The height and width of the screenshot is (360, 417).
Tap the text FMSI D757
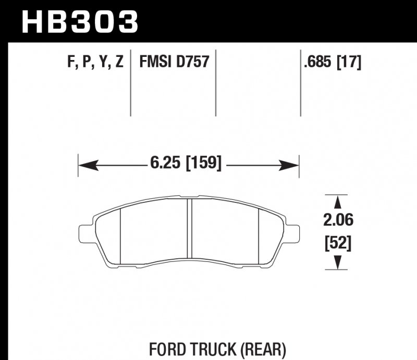click(x=174, y=63)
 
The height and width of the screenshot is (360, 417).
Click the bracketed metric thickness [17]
click(x=348, y=63)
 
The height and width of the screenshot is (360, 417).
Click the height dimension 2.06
click(x=338, y=221)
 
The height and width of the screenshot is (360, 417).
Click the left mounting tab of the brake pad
click(x=86, y=232)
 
